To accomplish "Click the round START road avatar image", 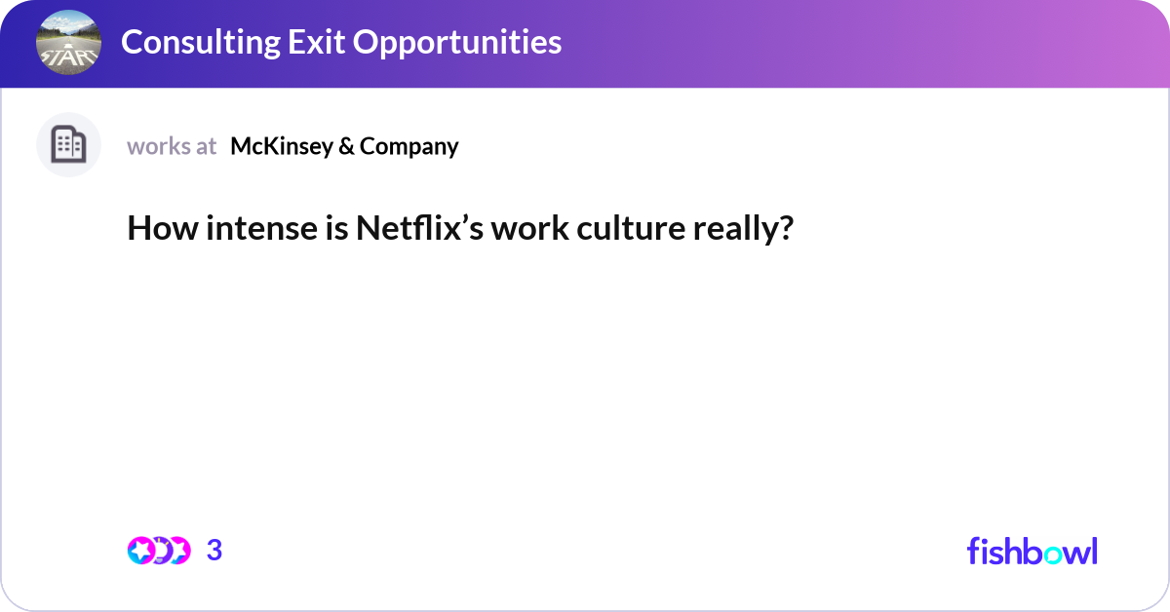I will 68,43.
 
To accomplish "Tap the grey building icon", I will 68,145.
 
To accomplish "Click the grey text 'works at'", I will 172,146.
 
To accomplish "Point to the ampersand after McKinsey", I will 345,146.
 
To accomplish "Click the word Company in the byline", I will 409,146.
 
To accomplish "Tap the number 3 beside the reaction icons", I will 214,551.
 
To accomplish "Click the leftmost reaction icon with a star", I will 140,551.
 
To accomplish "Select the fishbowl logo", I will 1032,551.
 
